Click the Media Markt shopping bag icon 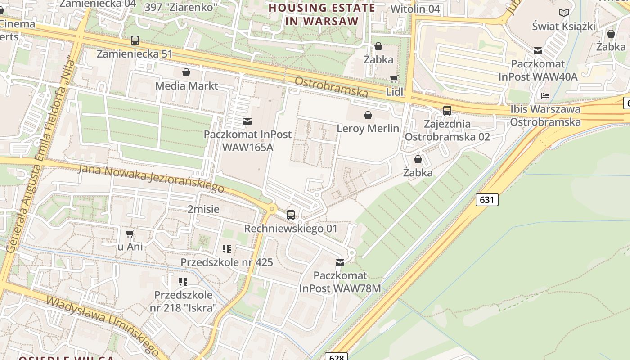(186, 72)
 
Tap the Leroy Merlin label (368, 128)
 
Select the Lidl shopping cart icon (394, 79)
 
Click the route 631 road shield (487, 199)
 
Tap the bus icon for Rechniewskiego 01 (291, 215)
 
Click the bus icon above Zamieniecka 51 (135, 40)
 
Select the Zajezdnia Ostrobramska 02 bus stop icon (447, 111)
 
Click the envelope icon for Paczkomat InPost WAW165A (247, 121)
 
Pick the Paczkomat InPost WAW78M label (340, 282)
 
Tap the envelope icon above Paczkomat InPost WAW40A (538, 51)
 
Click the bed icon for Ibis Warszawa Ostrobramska (545, 96)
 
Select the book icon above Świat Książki (563, 13)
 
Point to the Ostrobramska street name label (331, 87)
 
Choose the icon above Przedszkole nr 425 (227, 249)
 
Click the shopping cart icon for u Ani (130, 234)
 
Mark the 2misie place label (203, 209)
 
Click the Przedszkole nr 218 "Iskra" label (183, 301)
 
